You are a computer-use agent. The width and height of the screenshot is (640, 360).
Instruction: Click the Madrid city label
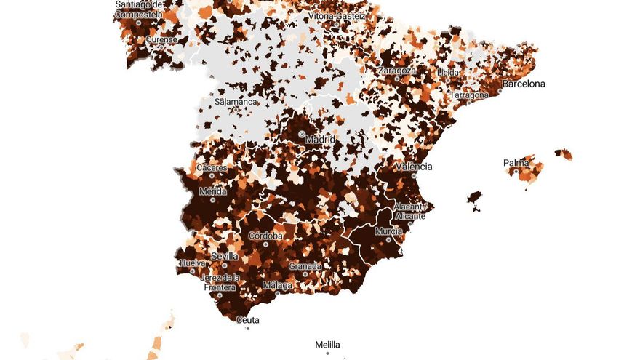pyautogui.click(x=320, y=139)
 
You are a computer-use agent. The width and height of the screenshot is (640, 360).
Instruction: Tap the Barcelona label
pyautogui.click(x=524, y=84)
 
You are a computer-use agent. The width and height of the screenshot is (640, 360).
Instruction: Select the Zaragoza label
pyautogui.click(x=397, y=71)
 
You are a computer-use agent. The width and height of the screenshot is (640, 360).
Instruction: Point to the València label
pyautogui.click(x=414, y=167)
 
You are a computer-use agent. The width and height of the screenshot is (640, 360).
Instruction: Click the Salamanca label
pyautogui.click(x=236, y=103)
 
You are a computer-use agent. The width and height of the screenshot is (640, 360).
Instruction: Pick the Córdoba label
pyautogui.click(x=265, y=236)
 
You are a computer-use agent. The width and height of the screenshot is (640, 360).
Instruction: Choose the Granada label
pyautogui.click(x=305, y=266)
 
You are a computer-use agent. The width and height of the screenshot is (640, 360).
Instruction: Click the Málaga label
pyautogui.click(x=277, y=285)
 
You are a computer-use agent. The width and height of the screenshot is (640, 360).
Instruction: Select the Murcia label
pyautogui.click(x=388, y=231)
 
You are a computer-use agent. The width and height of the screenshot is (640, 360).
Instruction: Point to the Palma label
pyautogui.click(x=516, y=163)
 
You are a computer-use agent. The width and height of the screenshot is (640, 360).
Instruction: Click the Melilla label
pyautogui.click(x=327, y=345)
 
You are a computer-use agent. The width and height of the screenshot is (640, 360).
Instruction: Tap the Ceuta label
pyautogui.click(x=248, y=320)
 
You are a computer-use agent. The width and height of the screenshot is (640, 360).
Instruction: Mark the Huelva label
pyautogui.click(x=192, y=263)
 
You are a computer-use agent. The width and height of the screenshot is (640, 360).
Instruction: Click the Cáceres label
pyautogui.click(x=212, y=168)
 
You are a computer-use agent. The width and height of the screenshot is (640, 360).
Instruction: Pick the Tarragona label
pyautogui.click(x=471, y=95)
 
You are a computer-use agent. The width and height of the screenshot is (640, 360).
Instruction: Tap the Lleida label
pyautogui.click(x=449, y=73)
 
